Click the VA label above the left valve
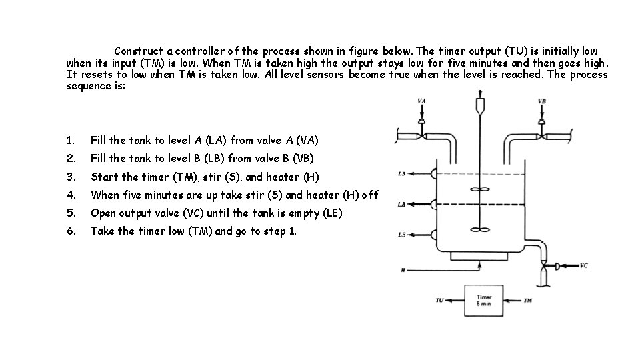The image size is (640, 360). click(421, 101)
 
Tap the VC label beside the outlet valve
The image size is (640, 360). click(583, 265)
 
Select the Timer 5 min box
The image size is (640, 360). click(485, 301)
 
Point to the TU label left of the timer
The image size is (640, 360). click(439, 301)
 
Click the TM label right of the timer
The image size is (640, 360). click(528, 301)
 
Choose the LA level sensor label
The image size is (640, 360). click(402, 204)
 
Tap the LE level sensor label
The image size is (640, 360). click(402, 234)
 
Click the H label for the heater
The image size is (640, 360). click(402, 271)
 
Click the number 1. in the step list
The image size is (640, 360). click(70, 141)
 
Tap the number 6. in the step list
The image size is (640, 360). click(70, 231)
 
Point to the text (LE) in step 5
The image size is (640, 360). click(333, 213)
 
